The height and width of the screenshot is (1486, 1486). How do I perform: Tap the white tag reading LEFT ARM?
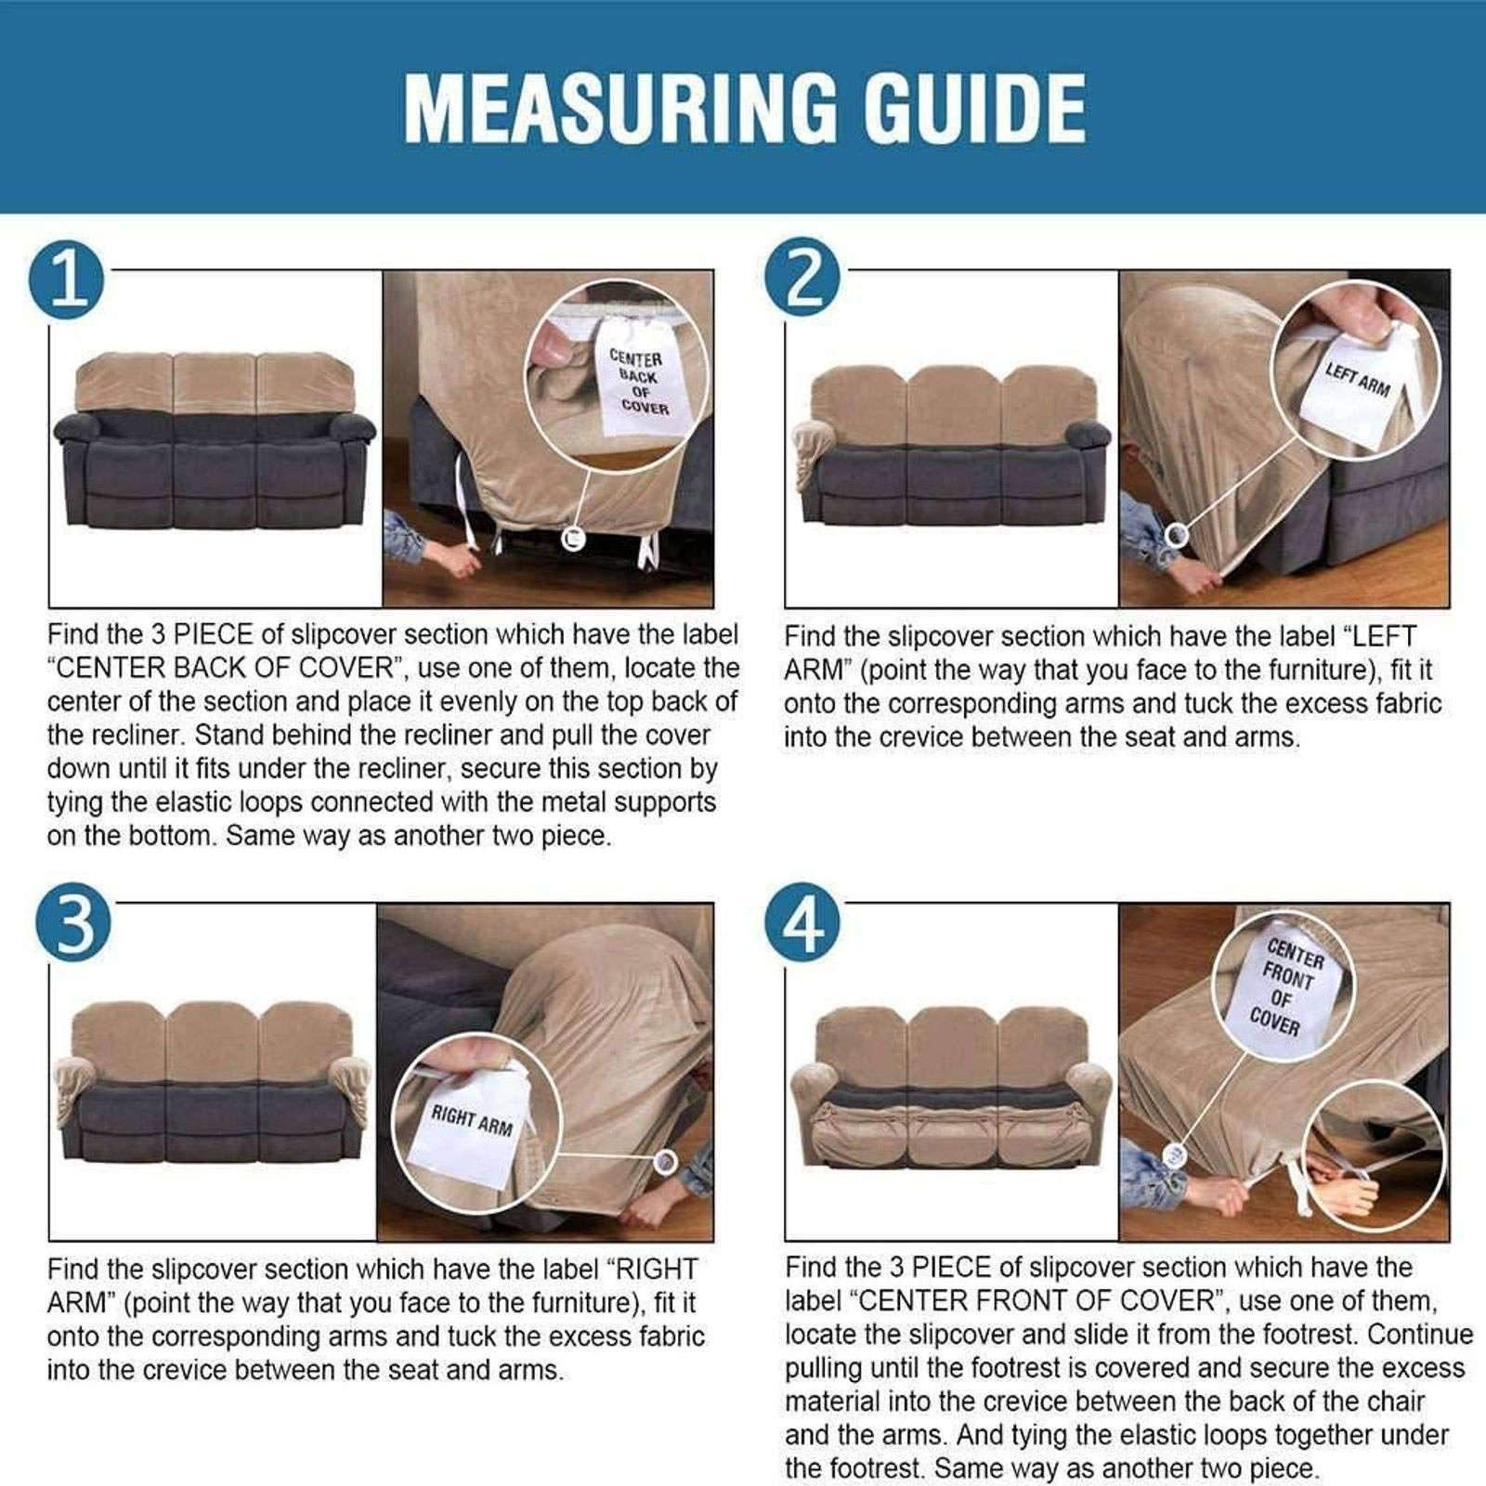tap(1356, 381)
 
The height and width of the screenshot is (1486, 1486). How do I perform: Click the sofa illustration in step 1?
tap(215, 440)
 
